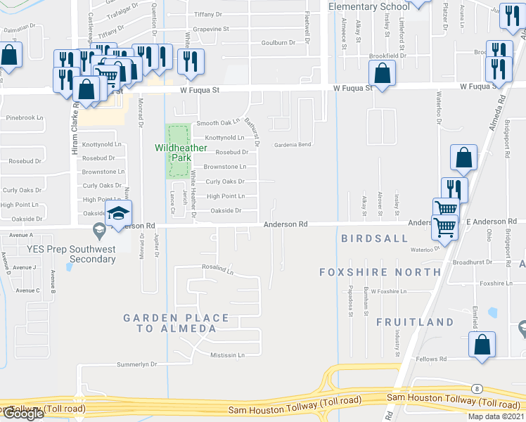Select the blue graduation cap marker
[x=119, y=214]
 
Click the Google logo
[x=23, y=414]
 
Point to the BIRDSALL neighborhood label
[x=375, y=238]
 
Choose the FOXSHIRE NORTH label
[x=380, y=271]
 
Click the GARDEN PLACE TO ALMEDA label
[x=177, y=324]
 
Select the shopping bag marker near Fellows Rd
[x=482, y=345]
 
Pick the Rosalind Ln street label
[x=217, y=268]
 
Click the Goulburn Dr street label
[x=278, y=43]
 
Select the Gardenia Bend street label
[x=292, y=144]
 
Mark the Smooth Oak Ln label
[x=218, y=122]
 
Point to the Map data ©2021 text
[x=496, y=416]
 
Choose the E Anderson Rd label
[x=486, y=222]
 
